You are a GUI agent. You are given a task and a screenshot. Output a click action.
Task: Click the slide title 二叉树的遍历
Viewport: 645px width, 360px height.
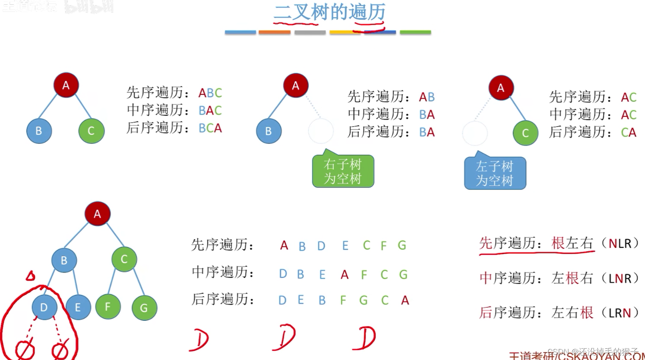329,12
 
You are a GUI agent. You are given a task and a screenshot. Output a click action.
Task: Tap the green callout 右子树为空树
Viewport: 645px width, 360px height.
343,171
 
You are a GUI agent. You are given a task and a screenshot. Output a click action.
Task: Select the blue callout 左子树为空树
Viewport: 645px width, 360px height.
495,174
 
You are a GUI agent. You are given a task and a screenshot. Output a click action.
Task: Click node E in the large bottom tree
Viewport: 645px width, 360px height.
78,307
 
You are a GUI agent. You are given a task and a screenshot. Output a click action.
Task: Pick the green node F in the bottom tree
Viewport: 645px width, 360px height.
107,306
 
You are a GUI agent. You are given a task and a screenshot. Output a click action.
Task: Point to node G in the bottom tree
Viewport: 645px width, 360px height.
144,308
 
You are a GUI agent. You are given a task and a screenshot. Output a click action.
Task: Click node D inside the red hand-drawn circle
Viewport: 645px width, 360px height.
44,307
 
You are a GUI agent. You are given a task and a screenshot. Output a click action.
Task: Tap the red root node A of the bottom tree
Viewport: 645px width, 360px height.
97,214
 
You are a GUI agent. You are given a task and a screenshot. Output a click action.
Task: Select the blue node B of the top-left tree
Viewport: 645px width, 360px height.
39,131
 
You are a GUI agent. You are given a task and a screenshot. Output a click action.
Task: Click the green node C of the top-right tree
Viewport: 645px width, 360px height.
525,133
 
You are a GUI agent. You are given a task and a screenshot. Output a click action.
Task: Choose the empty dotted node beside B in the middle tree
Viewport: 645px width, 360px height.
321,131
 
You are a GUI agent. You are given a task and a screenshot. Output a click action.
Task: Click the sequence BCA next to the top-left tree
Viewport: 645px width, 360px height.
210,128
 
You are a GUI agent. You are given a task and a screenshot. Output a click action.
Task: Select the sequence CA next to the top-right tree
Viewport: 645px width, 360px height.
629,133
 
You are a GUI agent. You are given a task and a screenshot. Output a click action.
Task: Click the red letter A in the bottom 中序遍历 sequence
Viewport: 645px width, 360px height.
344,275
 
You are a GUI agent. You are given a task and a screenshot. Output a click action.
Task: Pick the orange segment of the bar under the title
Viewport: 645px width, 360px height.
275,32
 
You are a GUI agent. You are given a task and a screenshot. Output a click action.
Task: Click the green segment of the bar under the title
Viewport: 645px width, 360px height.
415,32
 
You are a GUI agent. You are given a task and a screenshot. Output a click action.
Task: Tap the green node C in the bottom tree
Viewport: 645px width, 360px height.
124,259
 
